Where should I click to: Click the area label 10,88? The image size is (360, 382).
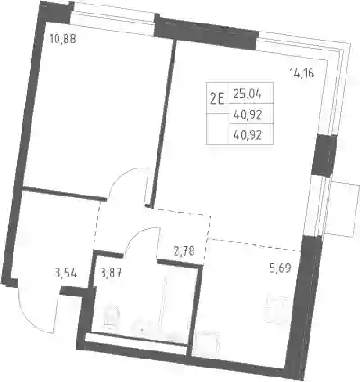tap(63, 40)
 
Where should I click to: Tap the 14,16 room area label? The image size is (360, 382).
tap(301, 73)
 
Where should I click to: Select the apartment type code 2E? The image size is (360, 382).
tap(217, 98)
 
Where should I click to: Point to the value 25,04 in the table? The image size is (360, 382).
tap(247, 95)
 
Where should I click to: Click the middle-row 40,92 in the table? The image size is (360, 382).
tap(247, 114)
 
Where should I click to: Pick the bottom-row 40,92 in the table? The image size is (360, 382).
tap(247, 135)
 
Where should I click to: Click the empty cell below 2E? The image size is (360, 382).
tap(217, 129)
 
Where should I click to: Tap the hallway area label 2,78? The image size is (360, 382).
tap(184, 250)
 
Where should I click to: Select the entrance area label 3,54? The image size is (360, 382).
tap(66, 274)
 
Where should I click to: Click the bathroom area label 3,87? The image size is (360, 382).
tap(111, 274)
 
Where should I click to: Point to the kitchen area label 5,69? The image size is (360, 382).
tap(280, 268)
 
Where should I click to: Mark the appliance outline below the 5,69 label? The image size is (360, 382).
tap(278, 309)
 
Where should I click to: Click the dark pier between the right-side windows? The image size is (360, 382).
tap(324, 155)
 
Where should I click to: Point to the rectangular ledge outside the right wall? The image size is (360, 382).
tap(342, 208)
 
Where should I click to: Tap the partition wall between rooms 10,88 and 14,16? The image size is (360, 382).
tap(162, 123)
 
